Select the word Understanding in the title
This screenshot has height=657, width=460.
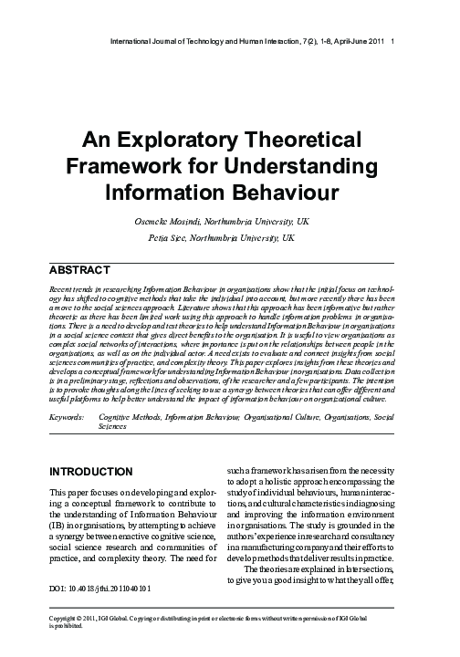(x=298, y=168)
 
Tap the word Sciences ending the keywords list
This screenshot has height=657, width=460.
(x=113, y=426)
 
